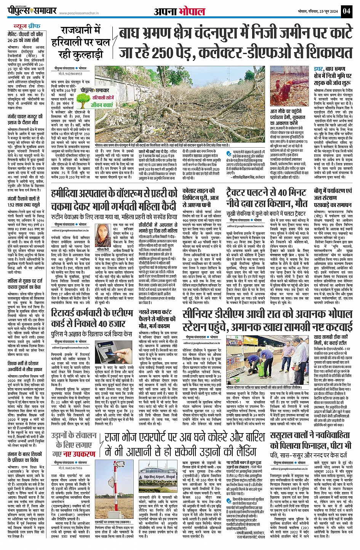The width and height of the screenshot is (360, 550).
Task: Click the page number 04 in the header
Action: [346, 11]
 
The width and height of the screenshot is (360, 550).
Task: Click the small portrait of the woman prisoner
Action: [102, 235]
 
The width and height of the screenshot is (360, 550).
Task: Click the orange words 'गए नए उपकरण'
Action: [74, 454]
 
